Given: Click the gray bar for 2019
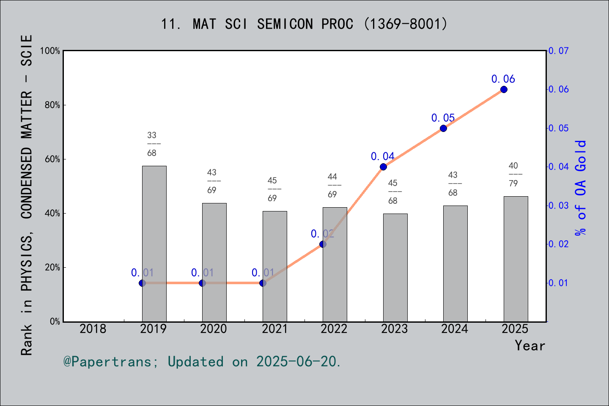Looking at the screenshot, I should point(154,244).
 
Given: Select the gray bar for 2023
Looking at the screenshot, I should point(395,267).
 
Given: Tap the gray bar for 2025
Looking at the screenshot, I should point(516,259).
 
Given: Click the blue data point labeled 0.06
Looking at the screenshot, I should point(504,90).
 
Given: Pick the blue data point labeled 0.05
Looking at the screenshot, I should point(443,128).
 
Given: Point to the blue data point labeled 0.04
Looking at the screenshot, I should point(383,167).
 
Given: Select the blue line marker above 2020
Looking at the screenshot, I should point(202,283).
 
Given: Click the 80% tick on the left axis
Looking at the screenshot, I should point(53,105).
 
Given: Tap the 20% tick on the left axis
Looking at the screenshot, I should point(53,268).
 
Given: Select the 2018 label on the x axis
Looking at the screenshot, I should point(93,329).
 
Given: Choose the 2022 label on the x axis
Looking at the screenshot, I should point(334,329).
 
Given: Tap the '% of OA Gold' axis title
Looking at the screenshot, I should point(581,188).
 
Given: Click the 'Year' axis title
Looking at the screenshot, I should point(530,346).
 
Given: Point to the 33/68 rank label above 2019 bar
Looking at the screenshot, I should point(152,144).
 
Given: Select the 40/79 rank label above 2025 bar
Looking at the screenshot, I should point(513,174).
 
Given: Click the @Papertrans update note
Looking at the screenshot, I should point(202,362).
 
